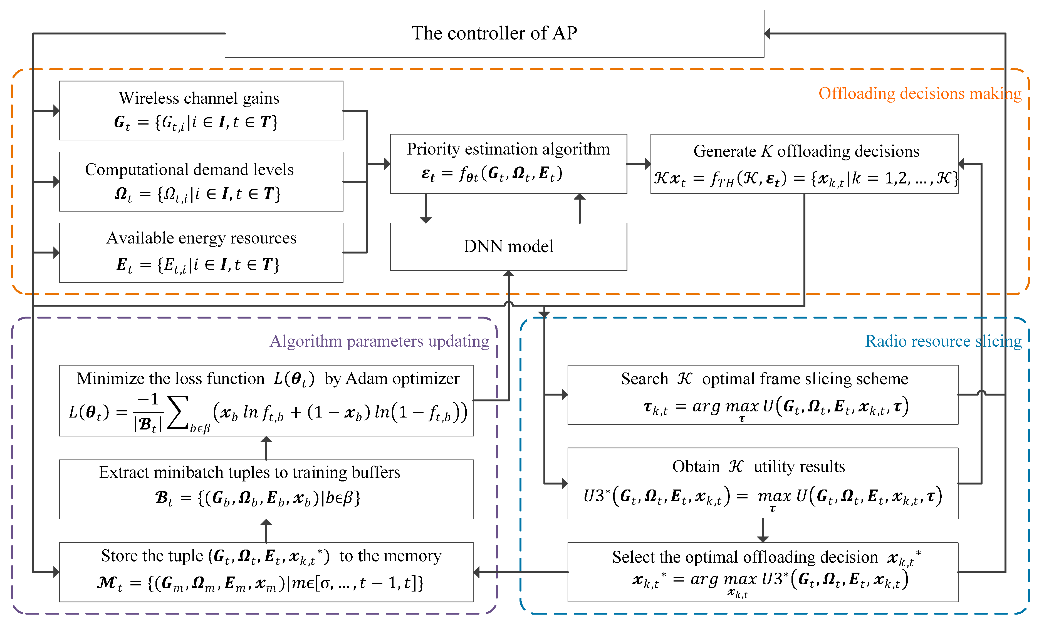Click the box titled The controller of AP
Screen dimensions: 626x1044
[494, 33]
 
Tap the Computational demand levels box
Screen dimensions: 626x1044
[201, 182]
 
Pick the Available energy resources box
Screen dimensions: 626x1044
[201, 252]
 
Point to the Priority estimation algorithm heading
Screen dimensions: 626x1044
[508, 149]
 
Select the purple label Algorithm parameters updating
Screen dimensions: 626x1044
[379, 341]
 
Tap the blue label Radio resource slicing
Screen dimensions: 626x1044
[943, 341]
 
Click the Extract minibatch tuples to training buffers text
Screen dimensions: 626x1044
[249, 473]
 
